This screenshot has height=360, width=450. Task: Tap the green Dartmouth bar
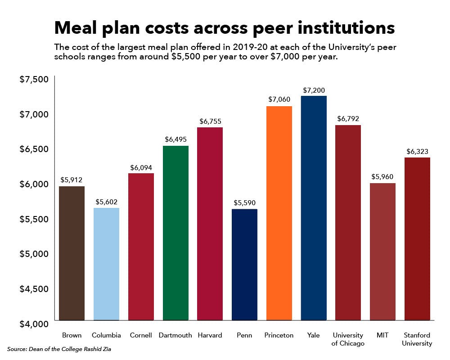point(175,233)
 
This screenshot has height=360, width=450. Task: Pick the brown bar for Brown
point(72,253)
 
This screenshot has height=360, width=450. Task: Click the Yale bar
point(314,208)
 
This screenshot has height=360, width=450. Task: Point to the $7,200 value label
point(314,90)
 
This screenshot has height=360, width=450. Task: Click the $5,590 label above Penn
point(244,203)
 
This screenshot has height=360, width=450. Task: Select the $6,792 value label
point(348,119)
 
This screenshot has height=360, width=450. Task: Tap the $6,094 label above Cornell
point(141,167)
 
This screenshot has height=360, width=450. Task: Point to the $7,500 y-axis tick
point(34,80)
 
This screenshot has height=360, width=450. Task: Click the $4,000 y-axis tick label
point(34,324)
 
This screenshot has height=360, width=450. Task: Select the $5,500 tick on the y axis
point(34,219)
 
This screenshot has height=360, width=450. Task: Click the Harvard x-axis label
point(210,335)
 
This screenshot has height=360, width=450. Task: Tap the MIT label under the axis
point(382,335)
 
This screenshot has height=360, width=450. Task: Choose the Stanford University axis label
point(417,339)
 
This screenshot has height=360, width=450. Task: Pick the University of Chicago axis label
point(348,339)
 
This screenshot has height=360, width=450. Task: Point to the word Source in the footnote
point(17,349)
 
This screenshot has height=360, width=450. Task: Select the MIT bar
point(382,252)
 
